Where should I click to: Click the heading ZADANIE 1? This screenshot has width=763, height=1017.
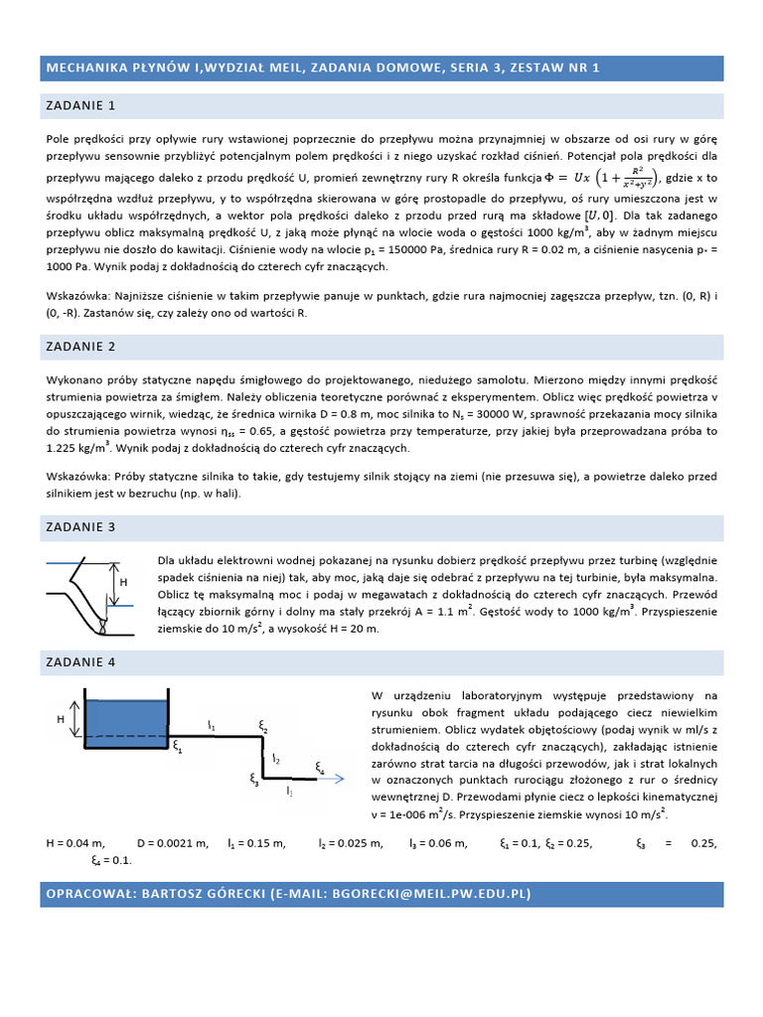[x=80, y=104]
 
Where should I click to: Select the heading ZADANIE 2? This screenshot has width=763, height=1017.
[x=80, y=347]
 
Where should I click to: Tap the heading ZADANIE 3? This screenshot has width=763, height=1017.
[x=80, y=526]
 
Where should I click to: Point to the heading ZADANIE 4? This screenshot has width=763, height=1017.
[x=80, y=661]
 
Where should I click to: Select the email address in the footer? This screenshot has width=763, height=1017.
[x=428, y=894]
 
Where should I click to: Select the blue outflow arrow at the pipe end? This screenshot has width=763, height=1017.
[x=332, y=780]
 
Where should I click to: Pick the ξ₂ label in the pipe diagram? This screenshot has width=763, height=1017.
[x=263, y=728]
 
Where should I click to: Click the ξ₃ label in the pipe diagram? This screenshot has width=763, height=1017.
[x=254, y=781]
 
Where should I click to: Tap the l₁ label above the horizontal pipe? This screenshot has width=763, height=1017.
[x=211, y=726]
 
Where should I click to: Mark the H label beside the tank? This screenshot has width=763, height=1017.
[x=60, y=717]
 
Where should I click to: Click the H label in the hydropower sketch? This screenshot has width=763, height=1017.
[x=124, y=582]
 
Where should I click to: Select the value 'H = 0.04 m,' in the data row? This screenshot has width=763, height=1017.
[x=76, y=843]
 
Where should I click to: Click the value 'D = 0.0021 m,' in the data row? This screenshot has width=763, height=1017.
[x=173, y=843]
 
